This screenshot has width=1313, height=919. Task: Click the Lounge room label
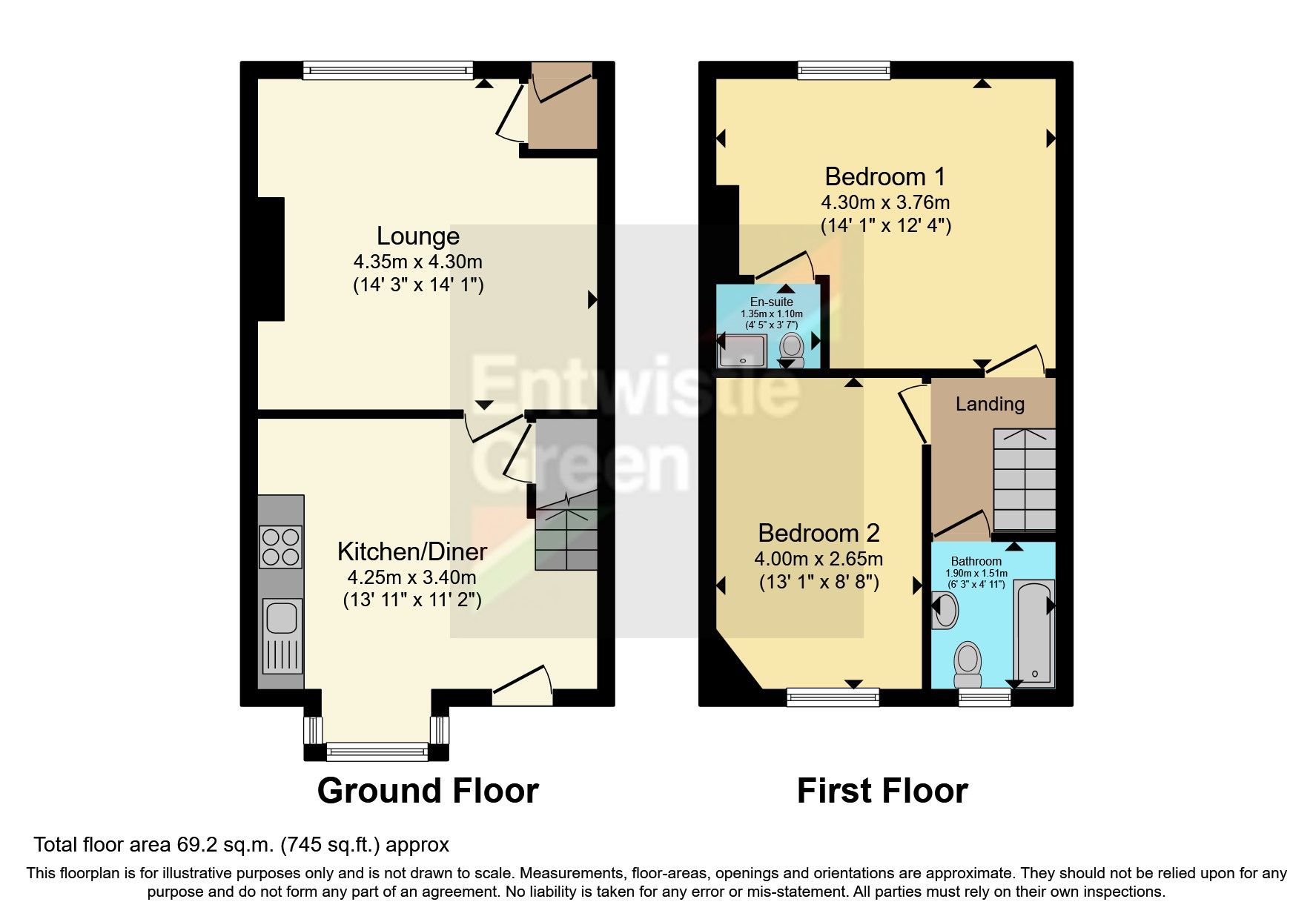[417, 236]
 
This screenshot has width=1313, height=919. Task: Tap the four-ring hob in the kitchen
[280, 546]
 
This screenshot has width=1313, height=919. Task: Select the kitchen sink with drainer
[282, 635]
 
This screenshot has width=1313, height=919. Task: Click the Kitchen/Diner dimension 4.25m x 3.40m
[411, 577]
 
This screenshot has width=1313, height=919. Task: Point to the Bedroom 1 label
[884, 176]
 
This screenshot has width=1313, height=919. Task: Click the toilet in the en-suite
[792, 348]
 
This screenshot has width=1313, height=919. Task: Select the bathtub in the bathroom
[1034, 634]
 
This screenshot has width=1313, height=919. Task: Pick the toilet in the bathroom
[967, 664]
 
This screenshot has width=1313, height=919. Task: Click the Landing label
[990, 404]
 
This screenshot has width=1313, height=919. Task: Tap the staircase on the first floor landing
[1024, 480]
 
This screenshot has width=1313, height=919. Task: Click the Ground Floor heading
[428, 791]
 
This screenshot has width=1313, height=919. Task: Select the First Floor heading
[882, 791]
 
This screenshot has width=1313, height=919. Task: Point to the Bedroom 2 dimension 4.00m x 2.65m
[818, 559]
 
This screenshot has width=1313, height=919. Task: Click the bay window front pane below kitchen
[377, 753]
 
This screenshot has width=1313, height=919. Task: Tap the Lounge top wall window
[388, 70]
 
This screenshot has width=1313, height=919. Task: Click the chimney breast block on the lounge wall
[271, 259]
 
